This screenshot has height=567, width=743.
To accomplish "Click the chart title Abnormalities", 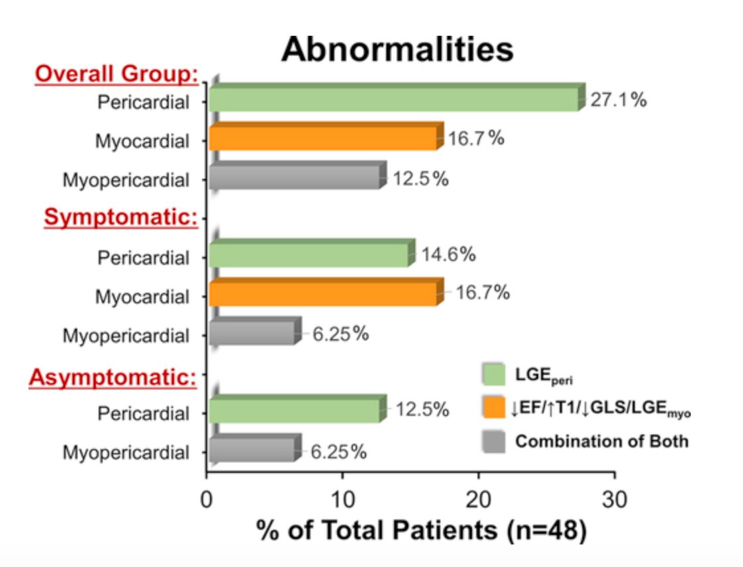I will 397,49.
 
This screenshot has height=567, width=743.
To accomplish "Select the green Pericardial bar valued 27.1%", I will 394,100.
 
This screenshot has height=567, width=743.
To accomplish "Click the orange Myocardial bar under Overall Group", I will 323,138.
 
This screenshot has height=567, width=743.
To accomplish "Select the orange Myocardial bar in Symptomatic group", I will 323,294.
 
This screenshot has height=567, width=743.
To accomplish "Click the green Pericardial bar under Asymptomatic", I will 295,411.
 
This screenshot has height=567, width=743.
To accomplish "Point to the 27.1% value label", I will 618,101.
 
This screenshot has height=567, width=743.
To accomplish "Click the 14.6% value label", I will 448,254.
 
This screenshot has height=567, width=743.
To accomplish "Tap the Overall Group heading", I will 117,75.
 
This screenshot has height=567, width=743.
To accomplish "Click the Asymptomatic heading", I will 113,378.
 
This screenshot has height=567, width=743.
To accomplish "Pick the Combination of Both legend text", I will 601,440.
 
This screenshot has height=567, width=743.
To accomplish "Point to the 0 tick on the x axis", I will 207,497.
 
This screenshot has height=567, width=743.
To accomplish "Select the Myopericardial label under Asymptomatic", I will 126,453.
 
